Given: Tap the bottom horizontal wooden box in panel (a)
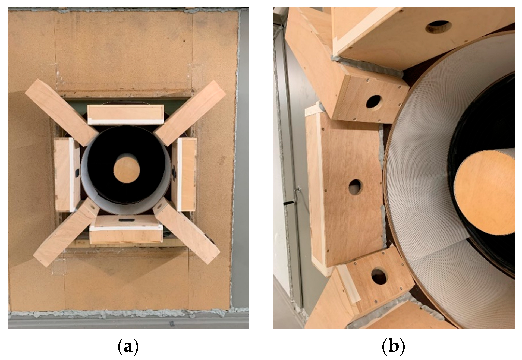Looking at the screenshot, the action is pyautogui.click(x=126, y=229).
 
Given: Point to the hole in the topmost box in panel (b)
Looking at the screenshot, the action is pyautogui.click(x=438, y=27).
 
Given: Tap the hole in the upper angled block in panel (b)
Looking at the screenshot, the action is pyautogui.click(x=373, y=102).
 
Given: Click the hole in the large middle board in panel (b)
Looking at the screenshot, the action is pyautogui.click(x=355, y=187).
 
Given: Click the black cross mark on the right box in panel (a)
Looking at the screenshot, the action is pyautogui.click(x=174, y=175).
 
